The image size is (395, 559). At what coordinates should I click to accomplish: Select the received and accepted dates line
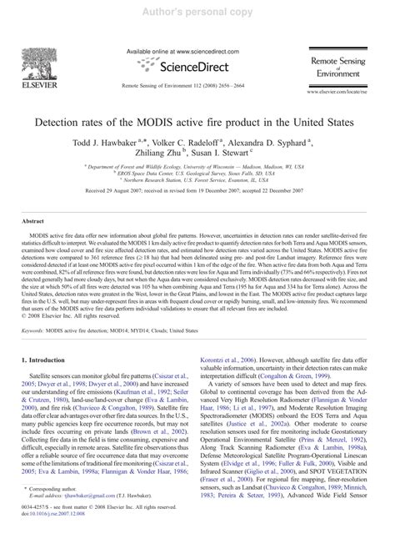pos(197,194)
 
